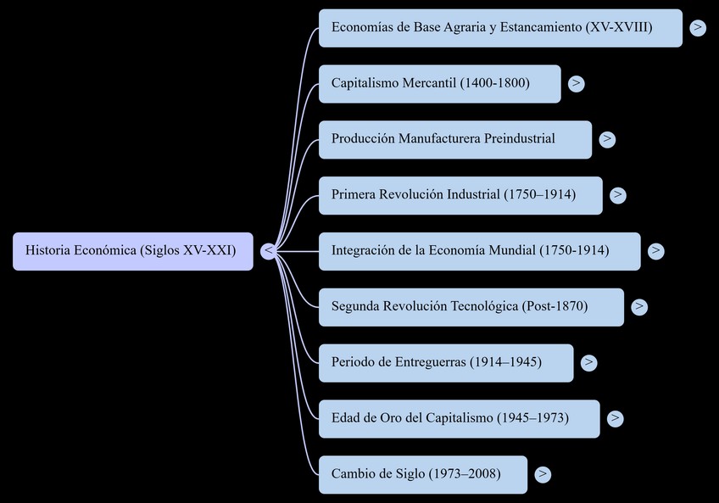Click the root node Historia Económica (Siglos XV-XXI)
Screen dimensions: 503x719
(x=132, y=251)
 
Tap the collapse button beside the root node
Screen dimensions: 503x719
(x=268, y=251)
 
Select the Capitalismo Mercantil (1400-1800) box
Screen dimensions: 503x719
(x=439, y=84)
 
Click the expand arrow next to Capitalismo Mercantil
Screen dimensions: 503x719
(x=577, y=84)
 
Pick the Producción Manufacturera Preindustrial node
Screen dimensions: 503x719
(x=454, y=139)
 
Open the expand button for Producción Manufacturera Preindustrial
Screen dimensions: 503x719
(x=607, y=139)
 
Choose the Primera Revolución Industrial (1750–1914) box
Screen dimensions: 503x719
(x=460, y=195)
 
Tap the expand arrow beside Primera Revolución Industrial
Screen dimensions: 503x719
(x=618, y=195)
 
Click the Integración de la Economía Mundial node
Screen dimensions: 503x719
(x=479, y=251)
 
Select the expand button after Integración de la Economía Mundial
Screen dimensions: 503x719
(x=656, y=251)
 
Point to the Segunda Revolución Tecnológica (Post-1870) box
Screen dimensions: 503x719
(x=471, y=307)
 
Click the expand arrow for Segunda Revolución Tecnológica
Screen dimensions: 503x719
(x=640, y=307)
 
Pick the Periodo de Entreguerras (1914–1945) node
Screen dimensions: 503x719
(x=446, y=363)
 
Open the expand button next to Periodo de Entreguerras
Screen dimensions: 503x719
(x=589, y=363)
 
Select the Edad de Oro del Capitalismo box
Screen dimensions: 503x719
(x=459, y=419)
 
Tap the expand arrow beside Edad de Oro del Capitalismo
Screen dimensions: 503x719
(x=616, y=419)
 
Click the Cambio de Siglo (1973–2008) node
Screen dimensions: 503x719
(x=422, y=474)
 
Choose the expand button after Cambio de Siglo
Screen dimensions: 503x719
(x=543, y=475)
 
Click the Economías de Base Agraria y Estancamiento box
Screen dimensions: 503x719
(x=500, y=28)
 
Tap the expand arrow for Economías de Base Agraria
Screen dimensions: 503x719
(x=698, y=28)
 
